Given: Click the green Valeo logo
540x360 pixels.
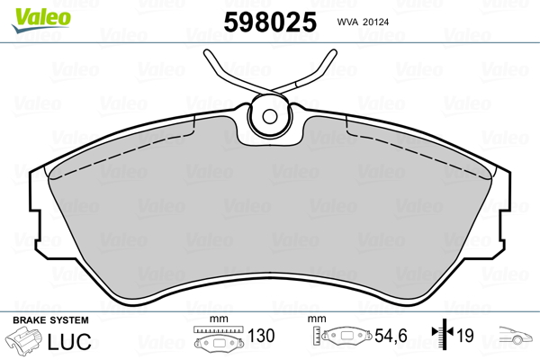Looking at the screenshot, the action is click(x=41, y=19).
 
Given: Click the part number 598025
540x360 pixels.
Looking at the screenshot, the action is click(x=270, y=22).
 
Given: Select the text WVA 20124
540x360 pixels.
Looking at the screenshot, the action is click(x=363, y=22).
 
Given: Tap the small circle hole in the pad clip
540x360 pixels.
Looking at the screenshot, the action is click(x=270, y=116).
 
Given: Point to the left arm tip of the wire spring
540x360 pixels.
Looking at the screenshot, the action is click(x=207, y=53).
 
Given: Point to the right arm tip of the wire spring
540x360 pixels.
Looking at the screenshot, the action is click(x=333, y=53).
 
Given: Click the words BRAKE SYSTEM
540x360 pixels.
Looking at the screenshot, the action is click(x=50, y=320).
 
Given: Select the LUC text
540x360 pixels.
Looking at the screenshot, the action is click(x=69, y=341).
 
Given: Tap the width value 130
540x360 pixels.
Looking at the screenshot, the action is click(x=261, y=336).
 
